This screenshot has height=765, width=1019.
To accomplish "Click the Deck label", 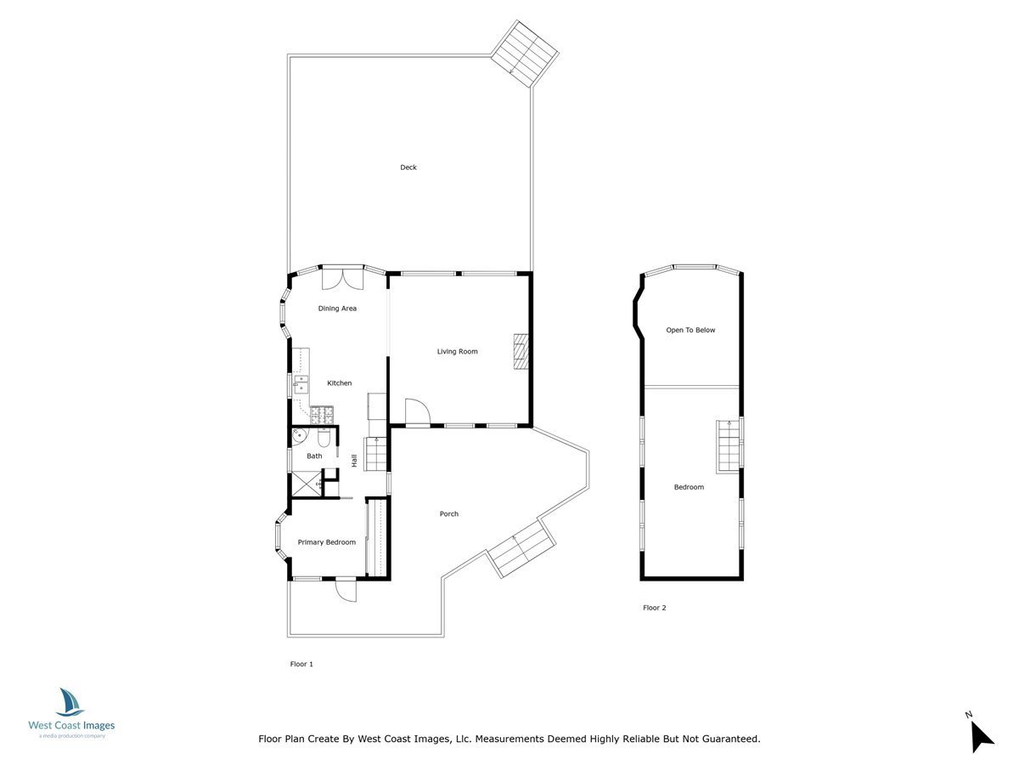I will pyautogui.click(x=408, y=167).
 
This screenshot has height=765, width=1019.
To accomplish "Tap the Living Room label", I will pyautogui.click(x=457, y=351).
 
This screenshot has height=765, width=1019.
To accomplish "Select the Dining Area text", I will pyautogui.click(x=337, y=309).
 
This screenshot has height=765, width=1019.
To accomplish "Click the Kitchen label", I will pyautogui.click(x=340, y=383).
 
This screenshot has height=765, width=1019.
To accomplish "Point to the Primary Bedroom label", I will pyautogui.click(x=326, y=542).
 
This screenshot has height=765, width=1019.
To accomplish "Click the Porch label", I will pyautogui.click(x=448, y=513).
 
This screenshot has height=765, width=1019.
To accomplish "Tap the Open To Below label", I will pyautogui.click(x=690, y=330).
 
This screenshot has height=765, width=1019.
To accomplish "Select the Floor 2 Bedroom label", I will pyautogui.click(x=689, y=487).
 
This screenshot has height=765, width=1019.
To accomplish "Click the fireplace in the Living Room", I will pyautogui.click(x=521, y=352).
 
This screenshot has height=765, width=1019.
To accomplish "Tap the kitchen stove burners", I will pyautogui.click(x=322, y=416).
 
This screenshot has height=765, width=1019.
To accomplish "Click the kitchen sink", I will pyautogui.click(x=301, y=386).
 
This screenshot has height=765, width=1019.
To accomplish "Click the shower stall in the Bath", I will pyautogui.click(x=305, y=483).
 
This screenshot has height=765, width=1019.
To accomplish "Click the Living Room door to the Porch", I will pyautogui.click(x=418, y=412).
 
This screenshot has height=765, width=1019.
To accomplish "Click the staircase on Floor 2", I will pyautogui.click(x=728, y=445).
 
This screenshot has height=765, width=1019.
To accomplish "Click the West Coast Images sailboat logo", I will pyautogui.click(x=70, y=702).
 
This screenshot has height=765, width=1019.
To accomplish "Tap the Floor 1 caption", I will pyautogui.click(x=301, y=664).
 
